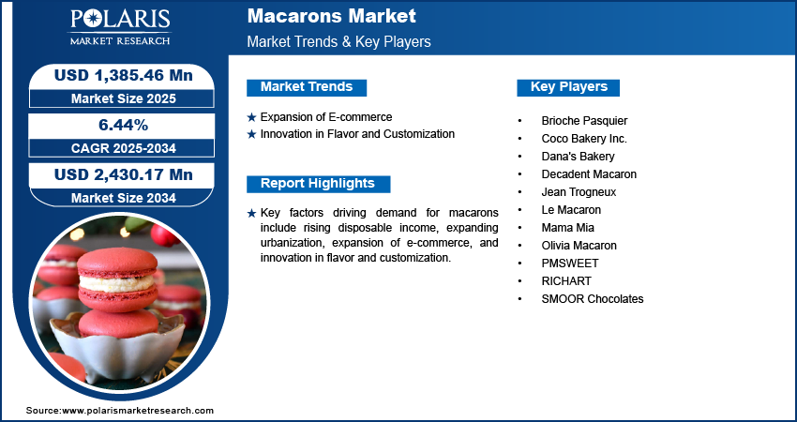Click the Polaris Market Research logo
pyautogui.click(x=120, y=27)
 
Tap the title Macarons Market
pyautogui.click(x=331, y=16)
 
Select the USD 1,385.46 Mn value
pyautogui.click(x=124, y=75)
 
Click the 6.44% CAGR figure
pyautogui.click(x=123, y=125)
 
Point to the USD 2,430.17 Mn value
pyautogui.click(x=124, y=175)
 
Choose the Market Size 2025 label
pyautogui.click(x=123, y=98)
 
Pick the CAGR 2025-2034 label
pyautogui.click(x=123, y=148)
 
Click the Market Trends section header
pyautogui.click(x=307, y=87)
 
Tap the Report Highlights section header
pyautogui.click(x=318, y=184)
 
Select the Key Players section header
pyautogui.click(x=568, y=87)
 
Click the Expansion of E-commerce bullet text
pyautogui.click(x=326, y=117)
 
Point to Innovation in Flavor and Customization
pyautogui.click(x=357, y=134)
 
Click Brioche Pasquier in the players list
pyautogui.click(x=584, y=121)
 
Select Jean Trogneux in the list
pyautogui.click(x=579, y=192)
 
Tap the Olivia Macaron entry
pyautogui.click(x=579, y=246)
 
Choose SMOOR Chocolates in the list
pyautogui.click(x=593, y=299)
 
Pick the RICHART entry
pyautogui.click(x=566, y=281)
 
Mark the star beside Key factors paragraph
pyautogui.click(x=251, y=214)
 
